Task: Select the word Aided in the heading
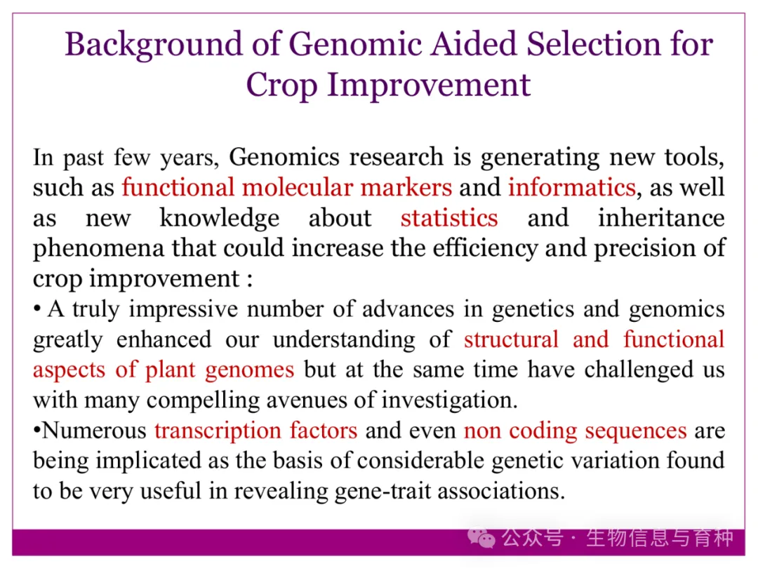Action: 474,44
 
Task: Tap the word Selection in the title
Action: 593,44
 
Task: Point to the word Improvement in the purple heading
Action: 429,86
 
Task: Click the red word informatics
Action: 571,187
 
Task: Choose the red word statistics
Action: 449,218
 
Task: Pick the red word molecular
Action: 298,187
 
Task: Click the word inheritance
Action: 661,218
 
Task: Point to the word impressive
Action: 183,310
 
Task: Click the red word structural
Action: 511,339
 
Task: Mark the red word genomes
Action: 249,371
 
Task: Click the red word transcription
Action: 218,431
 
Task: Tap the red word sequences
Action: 632,431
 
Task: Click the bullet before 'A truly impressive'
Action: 36,309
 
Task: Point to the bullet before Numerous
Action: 36,431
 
